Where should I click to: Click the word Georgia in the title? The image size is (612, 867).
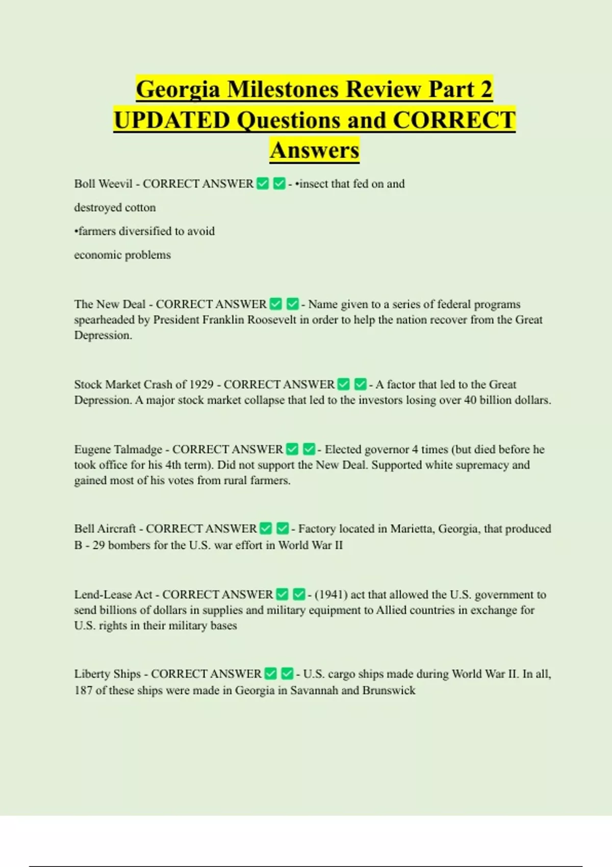[x=178, y=90]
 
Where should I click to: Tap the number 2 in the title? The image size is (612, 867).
[x=486, y=90]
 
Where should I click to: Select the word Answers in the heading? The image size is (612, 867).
[x=314, y=150]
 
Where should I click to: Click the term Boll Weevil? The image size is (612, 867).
[x=103, y=184]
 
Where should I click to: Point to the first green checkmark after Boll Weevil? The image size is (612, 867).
[x=263, y=184]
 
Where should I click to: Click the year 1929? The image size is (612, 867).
[x=201, y=385]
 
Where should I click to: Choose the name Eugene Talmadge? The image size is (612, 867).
[x=118, y=449]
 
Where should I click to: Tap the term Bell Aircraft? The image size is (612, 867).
[x=105, y=529]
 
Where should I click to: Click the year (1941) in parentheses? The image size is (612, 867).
[x=331, y=595]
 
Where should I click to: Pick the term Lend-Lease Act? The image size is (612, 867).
[x=113, y=595]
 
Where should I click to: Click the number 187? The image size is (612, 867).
[x=83, y=691]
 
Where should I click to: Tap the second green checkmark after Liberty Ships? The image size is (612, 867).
[x=287, y=674]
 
